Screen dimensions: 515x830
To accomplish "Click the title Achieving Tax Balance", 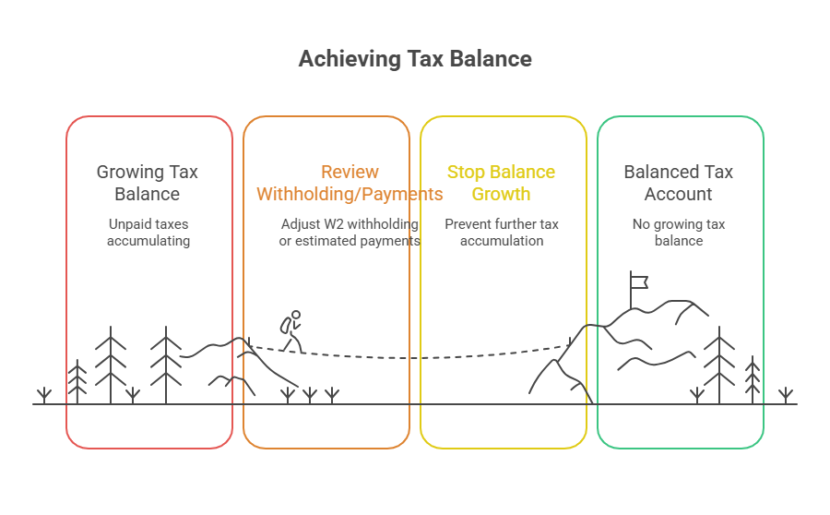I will (415, 59).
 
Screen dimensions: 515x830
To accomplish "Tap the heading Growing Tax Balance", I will (148, 183).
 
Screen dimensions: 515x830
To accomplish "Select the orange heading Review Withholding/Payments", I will (350, 183).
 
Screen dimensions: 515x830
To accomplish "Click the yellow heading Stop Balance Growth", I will (501, 183).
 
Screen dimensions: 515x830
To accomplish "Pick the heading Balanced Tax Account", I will (679, 183).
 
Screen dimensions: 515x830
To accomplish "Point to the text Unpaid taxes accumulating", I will (148, 233).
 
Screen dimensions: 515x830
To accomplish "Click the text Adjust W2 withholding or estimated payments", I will (350, 233).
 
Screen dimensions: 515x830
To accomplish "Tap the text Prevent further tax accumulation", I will (502, 233).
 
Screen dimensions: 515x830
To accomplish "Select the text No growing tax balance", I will (679, 233).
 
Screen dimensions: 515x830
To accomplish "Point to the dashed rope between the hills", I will (415, 355).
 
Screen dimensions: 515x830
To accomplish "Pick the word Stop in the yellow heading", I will (466, 172).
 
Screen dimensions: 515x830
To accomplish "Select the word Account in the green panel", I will (679, 194).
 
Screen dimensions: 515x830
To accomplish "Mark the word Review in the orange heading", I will (350, 172).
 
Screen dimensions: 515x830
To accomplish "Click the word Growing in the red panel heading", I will (128, 172).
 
